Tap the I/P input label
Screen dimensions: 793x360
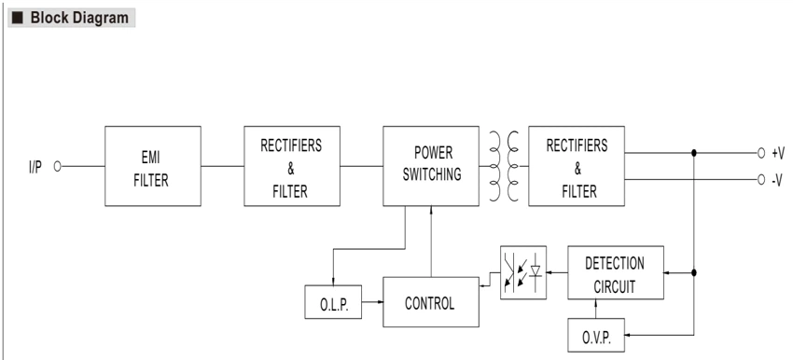35,167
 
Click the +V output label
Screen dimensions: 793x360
778,154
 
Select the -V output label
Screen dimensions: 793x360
778,180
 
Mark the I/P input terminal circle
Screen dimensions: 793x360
57,166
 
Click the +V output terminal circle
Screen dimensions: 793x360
761,153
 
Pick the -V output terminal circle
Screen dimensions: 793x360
761,179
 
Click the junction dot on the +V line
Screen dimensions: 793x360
694,153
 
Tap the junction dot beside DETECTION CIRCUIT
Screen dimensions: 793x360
694,272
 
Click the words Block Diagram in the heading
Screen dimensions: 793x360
79,18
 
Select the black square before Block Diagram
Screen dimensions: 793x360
18,19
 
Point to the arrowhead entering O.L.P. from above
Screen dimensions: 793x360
333,283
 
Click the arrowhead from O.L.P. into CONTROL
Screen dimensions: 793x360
380,302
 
